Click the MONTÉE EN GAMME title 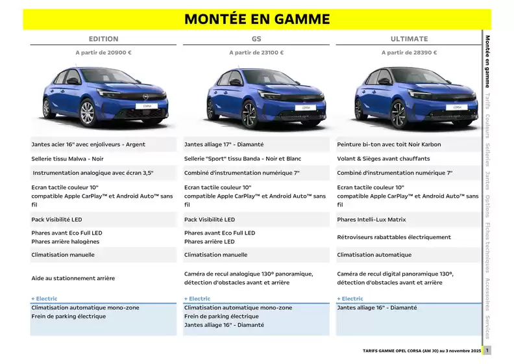coord(256,19)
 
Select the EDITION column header coord(103,39)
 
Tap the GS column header coord(256,39)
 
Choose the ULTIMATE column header coord(409,39)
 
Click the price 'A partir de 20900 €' coord(103,53)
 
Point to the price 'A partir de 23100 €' coord(256,53)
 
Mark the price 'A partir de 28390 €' coord(409,53)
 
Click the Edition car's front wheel coord(87,113)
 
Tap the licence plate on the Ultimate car coord(458,107)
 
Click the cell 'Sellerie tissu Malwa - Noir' coord(67,159)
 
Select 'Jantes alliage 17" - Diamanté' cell coord(224,144)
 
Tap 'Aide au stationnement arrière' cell coord(73,278)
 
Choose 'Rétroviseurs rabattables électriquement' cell coord(394,237)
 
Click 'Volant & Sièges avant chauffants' coord(384,159)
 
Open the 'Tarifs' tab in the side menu coord(487,101)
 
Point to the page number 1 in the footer coord(487,350)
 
